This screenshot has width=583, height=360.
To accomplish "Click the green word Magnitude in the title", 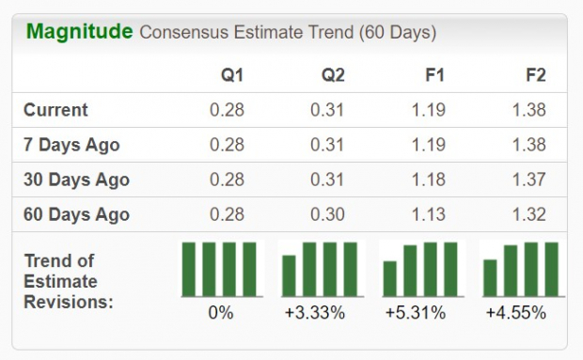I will [79, 32].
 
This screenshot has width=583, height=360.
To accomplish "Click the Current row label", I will [55, 110].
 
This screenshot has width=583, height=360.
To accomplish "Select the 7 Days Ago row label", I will [71, 145].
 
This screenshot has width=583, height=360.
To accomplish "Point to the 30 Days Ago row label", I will [76, 180].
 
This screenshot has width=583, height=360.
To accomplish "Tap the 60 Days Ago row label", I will [76, 214].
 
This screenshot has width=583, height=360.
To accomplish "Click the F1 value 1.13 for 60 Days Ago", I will [428, 214].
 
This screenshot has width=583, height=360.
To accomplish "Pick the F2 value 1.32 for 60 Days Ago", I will [528, 214].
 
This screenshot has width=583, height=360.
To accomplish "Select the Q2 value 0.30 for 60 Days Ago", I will [326, 214].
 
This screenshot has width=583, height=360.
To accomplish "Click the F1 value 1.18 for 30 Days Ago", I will [428, 180].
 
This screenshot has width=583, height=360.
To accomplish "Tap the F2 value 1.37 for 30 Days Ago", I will [528, 180].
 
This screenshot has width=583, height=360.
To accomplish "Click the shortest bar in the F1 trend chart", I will [390, 279].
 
